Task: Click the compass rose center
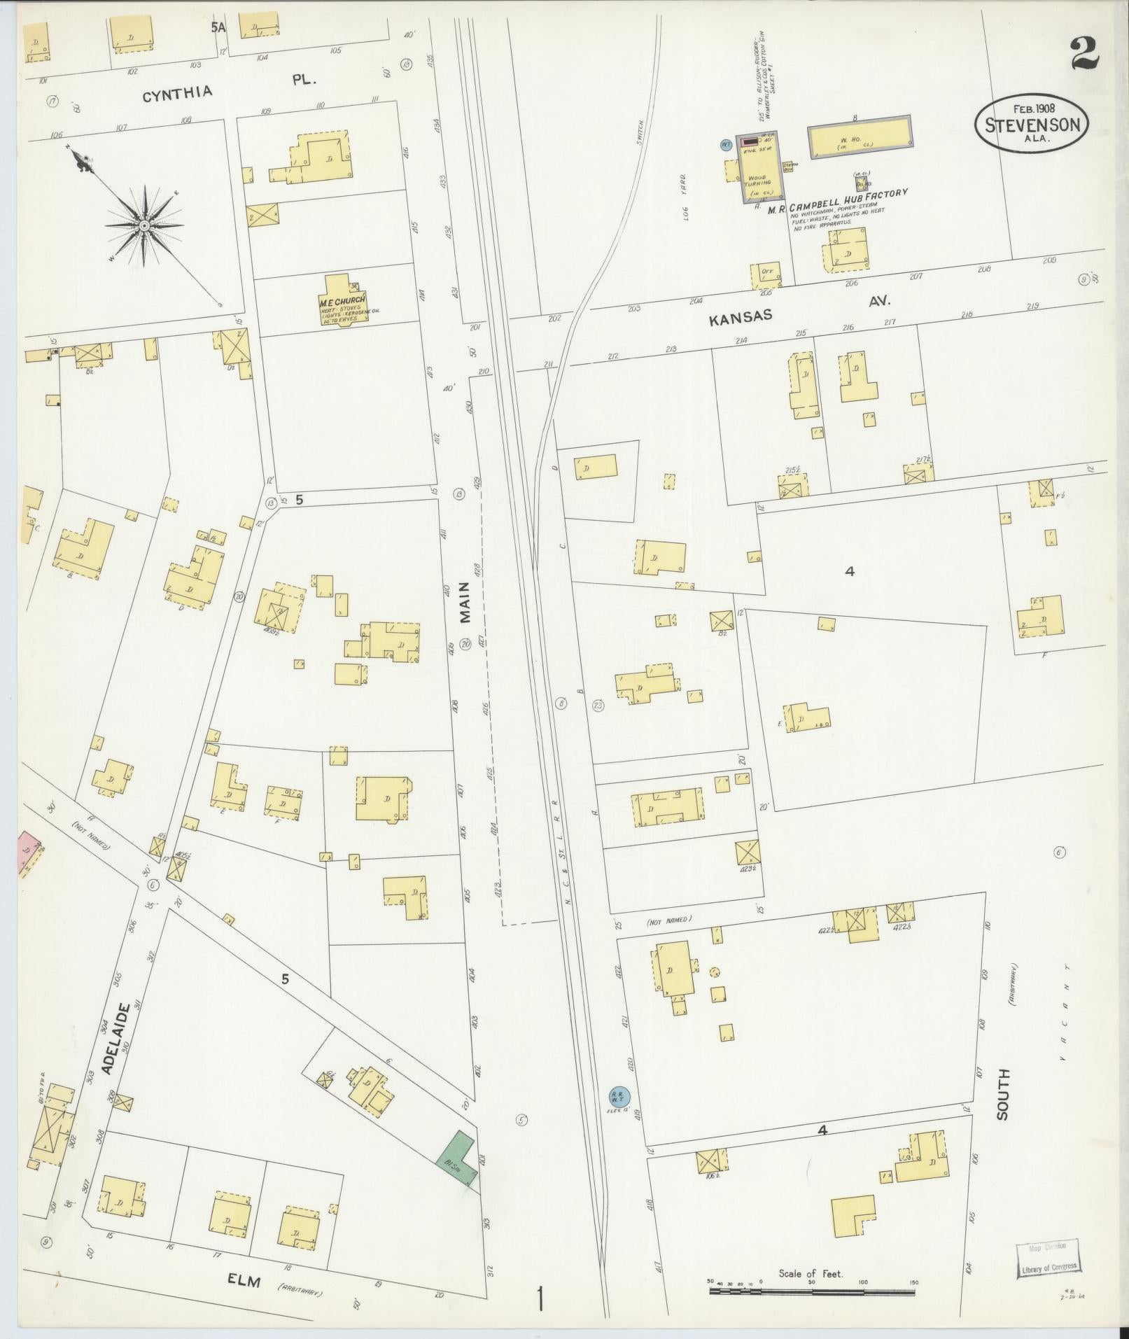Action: click(143, 225)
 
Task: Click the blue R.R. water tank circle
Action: click(619, 1115)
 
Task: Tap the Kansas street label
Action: click(741, 318)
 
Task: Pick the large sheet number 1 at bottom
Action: click(540, 1299)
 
